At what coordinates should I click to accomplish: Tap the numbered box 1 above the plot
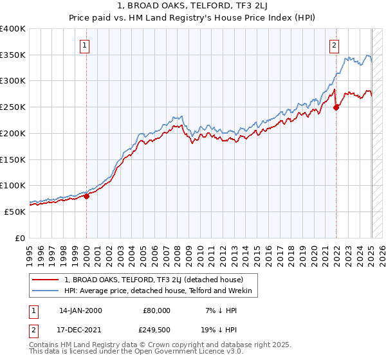point(86,45)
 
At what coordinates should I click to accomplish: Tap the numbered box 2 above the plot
point(335,45)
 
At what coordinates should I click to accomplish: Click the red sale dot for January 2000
point(86,196)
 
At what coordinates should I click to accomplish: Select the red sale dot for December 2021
point(336,107)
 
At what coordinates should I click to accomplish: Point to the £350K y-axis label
point(13,55)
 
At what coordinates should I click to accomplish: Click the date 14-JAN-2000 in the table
point(80,310)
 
